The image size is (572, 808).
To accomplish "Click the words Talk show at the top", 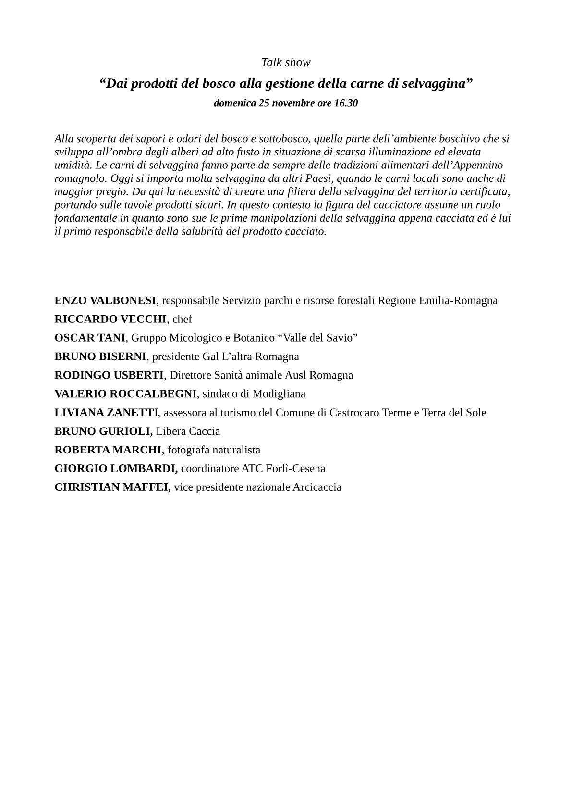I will coord(286,62).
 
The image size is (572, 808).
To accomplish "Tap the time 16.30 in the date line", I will coord(346,103).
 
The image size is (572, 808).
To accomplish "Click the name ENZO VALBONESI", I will coord(105,301).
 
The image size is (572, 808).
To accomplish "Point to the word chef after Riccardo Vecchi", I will coord(182,320).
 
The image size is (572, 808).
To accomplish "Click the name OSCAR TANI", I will coord(90,338).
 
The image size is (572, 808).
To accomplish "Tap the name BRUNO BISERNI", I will coord(100,356).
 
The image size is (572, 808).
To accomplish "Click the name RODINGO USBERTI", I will coord(109,375).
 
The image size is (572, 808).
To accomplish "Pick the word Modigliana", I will coord(279,394).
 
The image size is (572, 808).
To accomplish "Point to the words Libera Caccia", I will coord(188,431).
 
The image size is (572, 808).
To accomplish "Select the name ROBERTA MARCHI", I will coord(108,450).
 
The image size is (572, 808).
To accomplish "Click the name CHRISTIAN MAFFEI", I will coord(112,487).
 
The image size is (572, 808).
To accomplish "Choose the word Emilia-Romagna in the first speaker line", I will coord(458,301).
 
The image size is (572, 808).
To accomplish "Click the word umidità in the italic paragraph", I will coord(73,165).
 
